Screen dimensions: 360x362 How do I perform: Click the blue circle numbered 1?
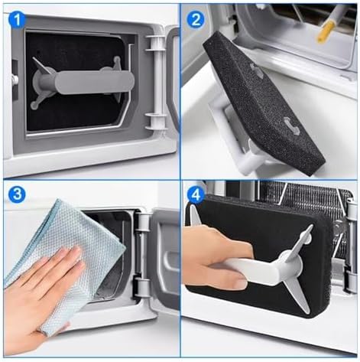[x=17, y=20]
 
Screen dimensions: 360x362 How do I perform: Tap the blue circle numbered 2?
[x=196, y=20]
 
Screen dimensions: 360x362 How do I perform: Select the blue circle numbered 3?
[x=17, y=194]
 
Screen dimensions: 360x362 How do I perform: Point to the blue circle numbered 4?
[x=196, y=195]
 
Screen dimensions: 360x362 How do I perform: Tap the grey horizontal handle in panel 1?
[x=95, y=82]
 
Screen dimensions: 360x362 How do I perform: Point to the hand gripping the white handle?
[x=214, y=258]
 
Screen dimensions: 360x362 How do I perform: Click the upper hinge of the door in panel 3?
[x=143, y=221]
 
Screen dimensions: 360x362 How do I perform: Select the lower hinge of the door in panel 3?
[x=141, y=288]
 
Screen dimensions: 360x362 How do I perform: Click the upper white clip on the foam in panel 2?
[x=257, y=70]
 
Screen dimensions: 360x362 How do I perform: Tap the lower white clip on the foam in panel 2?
[x=292, y=126]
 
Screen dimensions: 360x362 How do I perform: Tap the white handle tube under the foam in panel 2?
[x=254, y=158]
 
